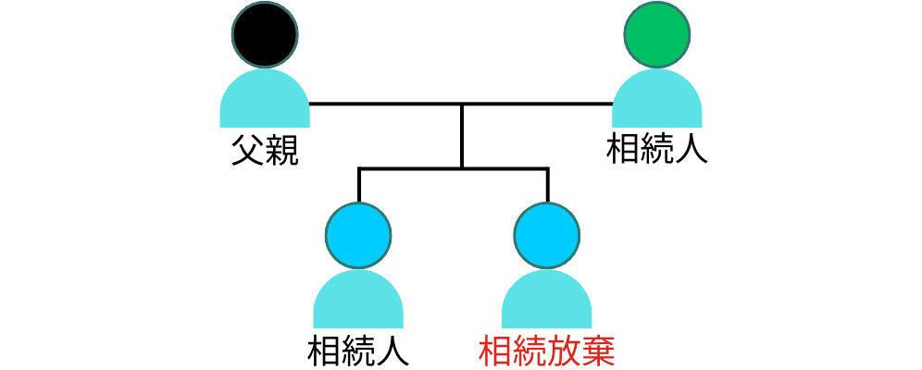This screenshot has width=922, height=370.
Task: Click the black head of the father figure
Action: pos(265,34)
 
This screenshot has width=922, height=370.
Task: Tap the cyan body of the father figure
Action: pos(265,102)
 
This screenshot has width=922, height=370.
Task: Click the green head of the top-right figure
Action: pos(657,34)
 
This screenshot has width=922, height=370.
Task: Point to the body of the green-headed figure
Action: pos(657,102)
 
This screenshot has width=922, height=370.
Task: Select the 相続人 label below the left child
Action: pos(358,351)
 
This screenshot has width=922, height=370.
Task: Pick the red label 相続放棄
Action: pos(547,351)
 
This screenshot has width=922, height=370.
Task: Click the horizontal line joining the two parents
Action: pos(389,104)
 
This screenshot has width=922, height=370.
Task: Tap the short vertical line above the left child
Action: pos(359,185)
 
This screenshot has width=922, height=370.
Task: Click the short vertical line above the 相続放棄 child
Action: pos(547,185)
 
